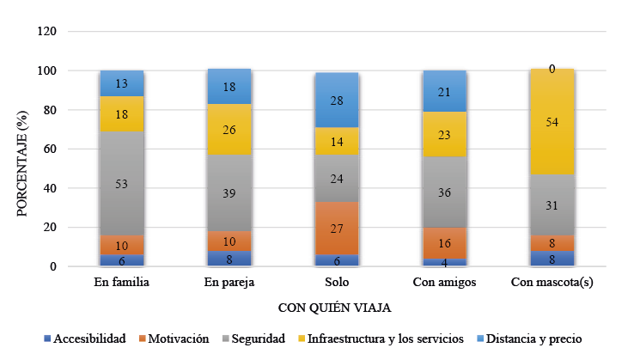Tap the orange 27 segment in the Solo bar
[337, 229]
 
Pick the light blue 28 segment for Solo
[337, 100]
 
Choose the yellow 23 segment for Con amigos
[444, 134]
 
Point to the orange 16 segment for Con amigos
[444, 244]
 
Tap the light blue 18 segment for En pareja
[229, 87]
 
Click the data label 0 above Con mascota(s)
[552, 69]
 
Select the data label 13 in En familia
[122, 83]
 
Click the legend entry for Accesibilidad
[87, 339]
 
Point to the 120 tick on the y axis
[47, 32]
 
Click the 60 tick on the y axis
[50, 149]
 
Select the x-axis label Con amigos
[444, 283]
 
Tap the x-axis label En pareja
[229, 283]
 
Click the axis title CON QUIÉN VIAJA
[337, 308]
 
